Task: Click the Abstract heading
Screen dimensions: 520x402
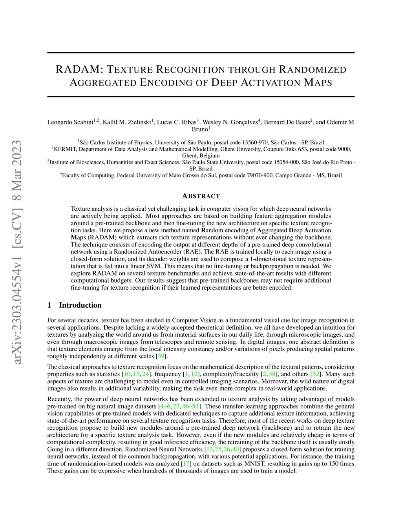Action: (x=201, y=196)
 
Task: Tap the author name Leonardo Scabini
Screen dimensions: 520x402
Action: (x=70, y=122)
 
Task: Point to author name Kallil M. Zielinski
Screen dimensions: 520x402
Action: (x=127, y=122)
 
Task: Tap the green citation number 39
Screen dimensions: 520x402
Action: (x=161, y=356)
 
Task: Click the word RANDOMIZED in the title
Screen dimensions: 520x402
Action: (x=312, y=70)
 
